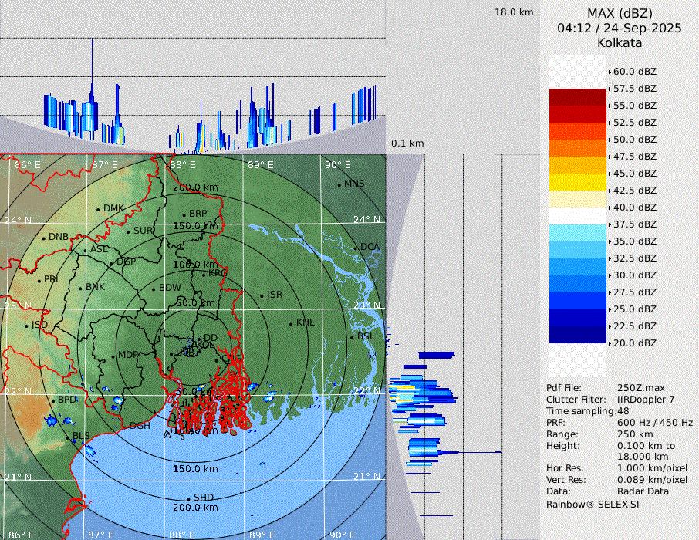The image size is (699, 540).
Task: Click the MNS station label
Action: (354, 184)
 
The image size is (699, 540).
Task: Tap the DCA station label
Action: (370, 247)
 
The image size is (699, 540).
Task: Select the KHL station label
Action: (306, 322)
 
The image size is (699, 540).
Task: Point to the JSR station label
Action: (274, 295)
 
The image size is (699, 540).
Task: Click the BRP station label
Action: (198, 214)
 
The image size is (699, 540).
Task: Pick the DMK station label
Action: (113, 208)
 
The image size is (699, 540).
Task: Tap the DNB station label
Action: (59, 237)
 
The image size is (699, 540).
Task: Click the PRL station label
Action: (52, 279)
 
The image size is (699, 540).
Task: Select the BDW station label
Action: (170, 288)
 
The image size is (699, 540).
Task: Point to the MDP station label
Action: (127, 356)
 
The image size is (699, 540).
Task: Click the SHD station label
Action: (204, 498)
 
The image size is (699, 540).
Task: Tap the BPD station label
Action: (68, 400)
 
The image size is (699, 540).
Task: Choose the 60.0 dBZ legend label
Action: (634, 72)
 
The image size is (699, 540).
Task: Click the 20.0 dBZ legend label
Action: (634, 343)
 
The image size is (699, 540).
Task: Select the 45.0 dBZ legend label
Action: (634, 174)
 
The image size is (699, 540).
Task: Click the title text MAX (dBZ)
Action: (620, 13)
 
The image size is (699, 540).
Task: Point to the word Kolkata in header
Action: (620, 42)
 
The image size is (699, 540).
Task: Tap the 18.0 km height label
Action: (514, 12)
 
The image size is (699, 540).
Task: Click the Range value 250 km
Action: (635, 434)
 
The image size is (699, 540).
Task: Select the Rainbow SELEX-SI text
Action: (593, 504)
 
